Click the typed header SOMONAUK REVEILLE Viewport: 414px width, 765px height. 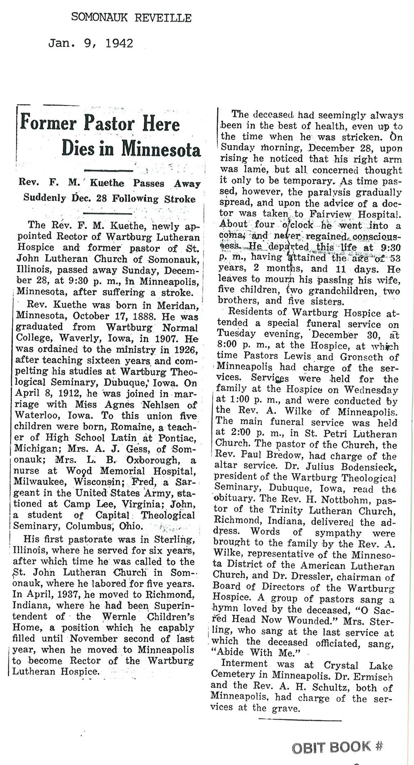click(131, 17)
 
